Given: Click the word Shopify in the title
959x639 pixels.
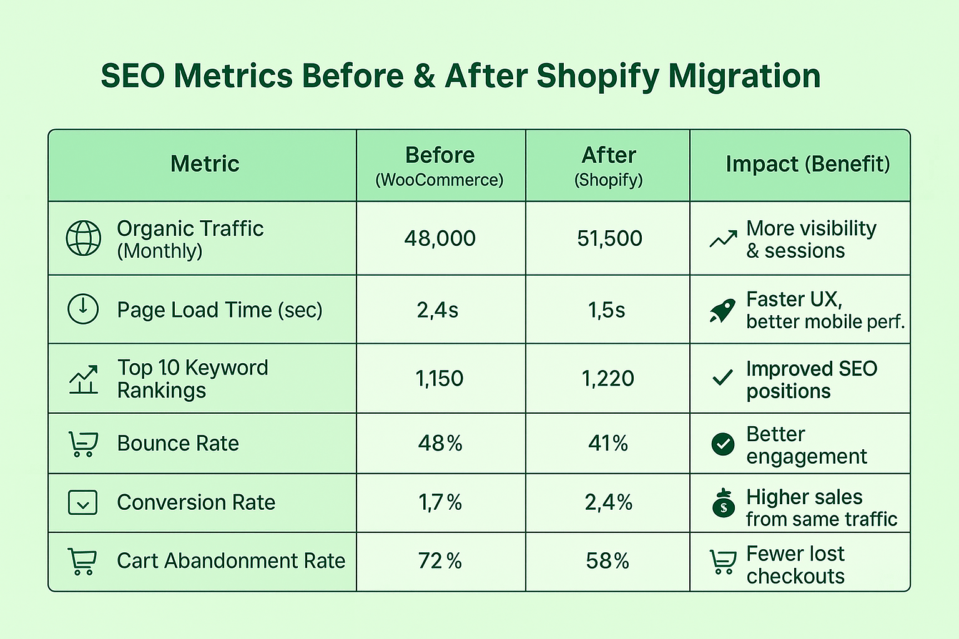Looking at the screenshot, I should click(x=597, y=77).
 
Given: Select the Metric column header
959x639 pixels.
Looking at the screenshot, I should click(x=205, y=164).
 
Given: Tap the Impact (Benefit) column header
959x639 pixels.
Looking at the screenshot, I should click(x=807, y=164).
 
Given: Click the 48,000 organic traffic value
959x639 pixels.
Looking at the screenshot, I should click(x=440, y=238).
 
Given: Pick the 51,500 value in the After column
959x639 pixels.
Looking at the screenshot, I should click(x=609, y=238).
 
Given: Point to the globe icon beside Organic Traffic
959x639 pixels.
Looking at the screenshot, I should click(x=84, y=238).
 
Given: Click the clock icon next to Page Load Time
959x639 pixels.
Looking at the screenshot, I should click(x=83, y=309).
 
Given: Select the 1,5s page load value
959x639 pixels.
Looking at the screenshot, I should click(x=606, y=310).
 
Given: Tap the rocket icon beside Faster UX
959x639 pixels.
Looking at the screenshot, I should click(x=722, y=310).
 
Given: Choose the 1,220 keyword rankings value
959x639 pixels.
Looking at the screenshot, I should click(x=607, y=379).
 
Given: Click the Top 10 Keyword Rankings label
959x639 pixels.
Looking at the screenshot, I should click(x=192, y=379).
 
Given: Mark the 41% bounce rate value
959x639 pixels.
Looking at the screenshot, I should click(x=607, y=444).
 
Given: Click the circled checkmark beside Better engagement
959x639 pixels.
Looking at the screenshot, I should click(x=723, y=444).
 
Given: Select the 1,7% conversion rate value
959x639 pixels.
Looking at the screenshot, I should click(x=440, y=502).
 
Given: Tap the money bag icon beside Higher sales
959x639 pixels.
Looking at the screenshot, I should click(x=723, y=504).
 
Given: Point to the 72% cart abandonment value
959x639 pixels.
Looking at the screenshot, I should click(x=440, y=561).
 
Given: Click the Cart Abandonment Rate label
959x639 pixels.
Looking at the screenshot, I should click(x=231, y=561).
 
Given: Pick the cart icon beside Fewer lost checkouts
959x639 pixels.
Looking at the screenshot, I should click(x=722, y=562).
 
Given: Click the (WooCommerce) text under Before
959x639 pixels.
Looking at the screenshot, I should click(x=439, y=180).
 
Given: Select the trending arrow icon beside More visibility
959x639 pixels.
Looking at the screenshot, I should click(x=723, y=239).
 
